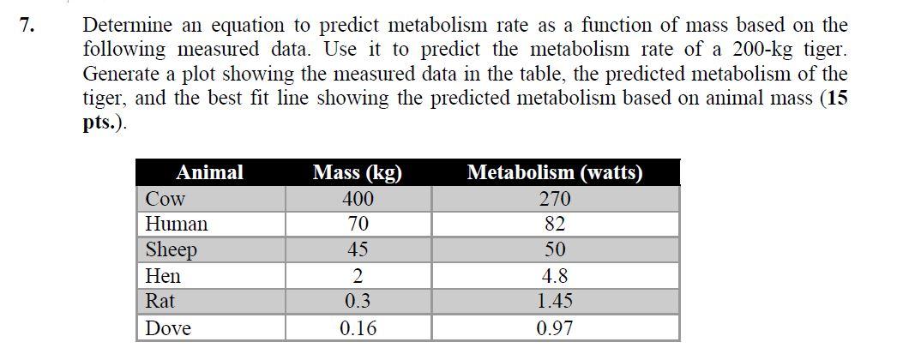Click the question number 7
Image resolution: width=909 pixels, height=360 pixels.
click(28, 26)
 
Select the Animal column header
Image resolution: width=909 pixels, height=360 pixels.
click(209, 172)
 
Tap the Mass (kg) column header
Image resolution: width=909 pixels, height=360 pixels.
click(358, 172)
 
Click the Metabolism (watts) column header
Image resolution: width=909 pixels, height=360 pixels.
click(555, 172)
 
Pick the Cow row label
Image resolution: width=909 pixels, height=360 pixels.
click(166, 200)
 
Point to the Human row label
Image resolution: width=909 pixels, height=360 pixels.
click(177, 225)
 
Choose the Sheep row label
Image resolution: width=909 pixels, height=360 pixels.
click(172, 250)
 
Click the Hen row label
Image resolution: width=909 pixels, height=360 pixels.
click(163, 276)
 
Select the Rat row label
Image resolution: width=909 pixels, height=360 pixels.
click(160, 302)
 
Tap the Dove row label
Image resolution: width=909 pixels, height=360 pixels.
click(168, 328)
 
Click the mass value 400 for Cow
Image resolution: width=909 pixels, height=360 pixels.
click(358, 200)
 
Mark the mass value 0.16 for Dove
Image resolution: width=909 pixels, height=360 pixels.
click(358, 328)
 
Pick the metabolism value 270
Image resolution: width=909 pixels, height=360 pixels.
click(555, 200)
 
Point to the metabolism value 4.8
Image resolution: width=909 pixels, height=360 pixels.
click(555, 276)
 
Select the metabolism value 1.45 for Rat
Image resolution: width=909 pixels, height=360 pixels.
click(555, 302)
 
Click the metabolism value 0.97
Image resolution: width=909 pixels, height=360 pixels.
click(555, 328)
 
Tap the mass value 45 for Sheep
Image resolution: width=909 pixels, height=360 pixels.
click(358, 250)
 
